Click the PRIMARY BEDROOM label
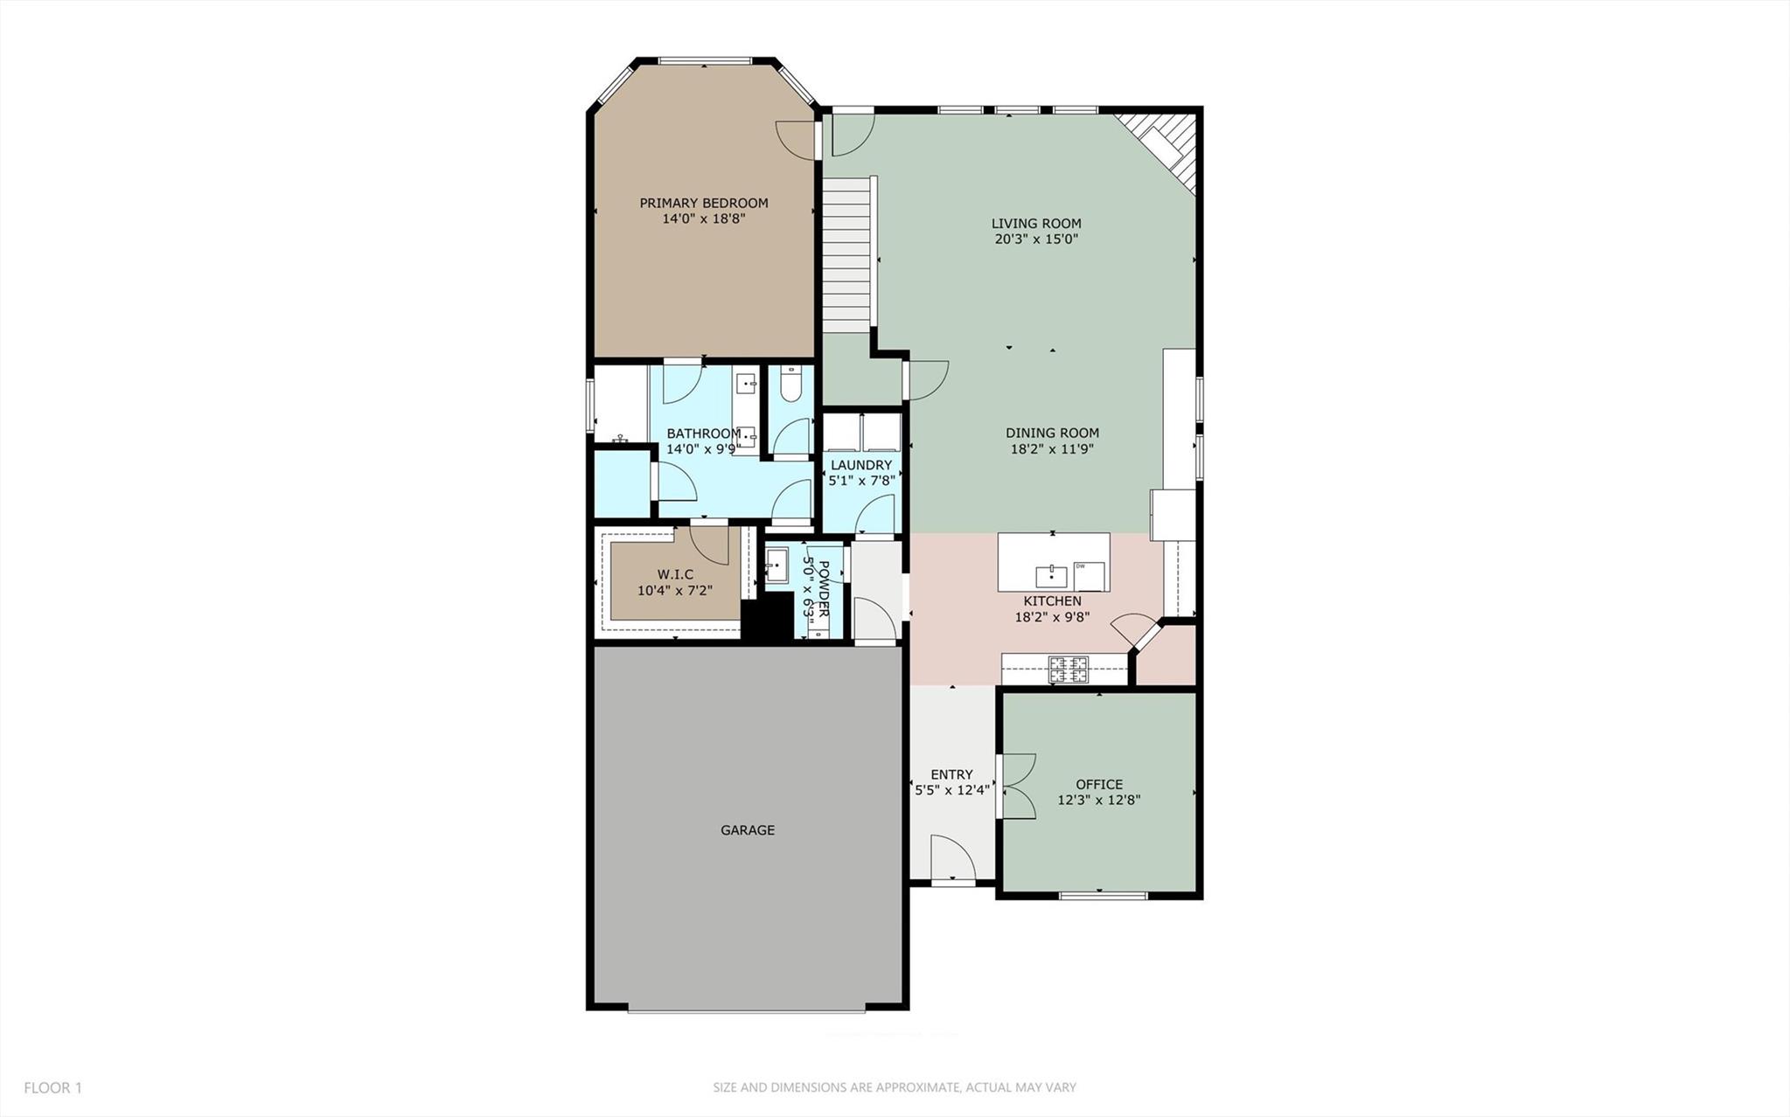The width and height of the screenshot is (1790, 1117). pos(703,203)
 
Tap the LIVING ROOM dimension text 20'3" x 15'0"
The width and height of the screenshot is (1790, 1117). pos(1036,239)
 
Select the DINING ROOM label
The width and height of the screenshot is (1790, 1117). pos(1052,433)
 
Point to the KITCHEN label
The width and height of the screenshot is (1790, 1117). pos(1052,601)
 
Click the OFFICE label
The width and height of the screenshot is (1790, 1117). pos(1099,784)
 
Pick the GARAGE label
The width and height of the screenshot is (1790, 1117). pos(748,830)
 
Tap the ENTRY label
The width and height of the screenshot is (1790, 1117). pos(951,774)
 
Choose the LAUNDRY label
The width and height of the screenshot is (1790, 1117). pos(861,465)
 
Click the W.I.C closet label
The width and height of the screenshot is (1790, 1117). pos(675,574)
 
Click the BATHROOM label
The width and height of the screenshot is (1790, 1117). pos(703,434)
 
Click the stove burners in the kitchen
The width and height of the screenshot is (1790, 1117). pos(1069,670)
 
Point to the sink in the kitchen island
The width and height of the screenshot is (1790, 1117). pos(1050,576)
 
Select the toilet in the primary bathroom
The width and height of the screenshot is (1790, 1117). pos(791,384)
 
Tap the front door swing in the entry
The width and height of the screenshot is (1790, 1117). pos(951,858)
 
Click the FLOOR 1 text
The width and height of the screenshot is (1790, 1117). pos(52,1088)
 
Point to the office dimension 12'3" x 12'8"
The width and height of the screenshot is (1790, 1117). pos(1099,800)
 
